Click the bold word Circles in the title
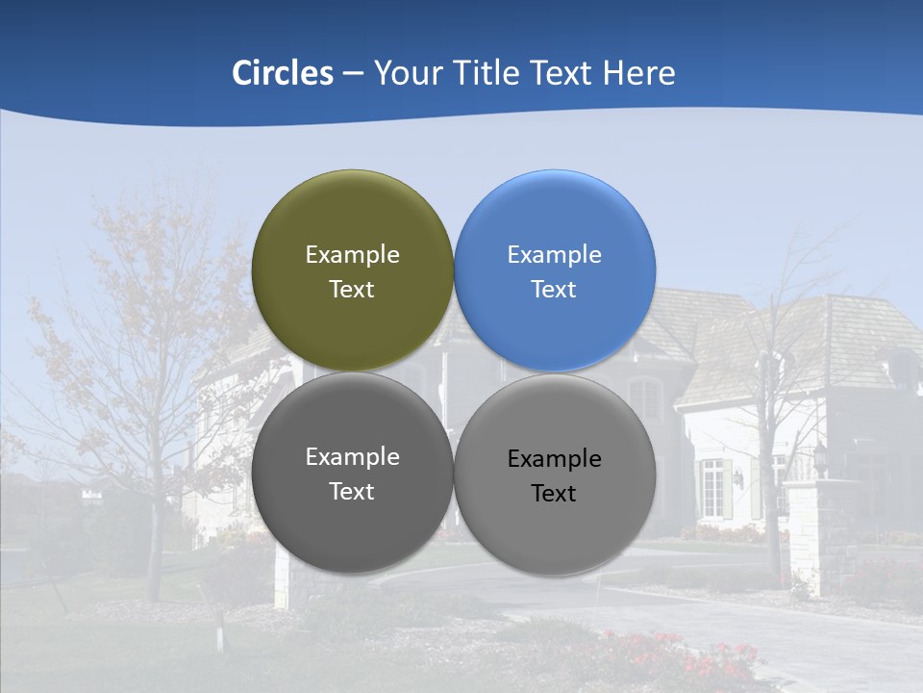coord(283,73)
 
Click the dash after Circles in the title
coord(353,74)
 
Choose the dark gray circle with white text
coord(352,529)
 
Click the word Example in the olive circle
coord(352,255)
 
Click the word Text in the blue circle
coord(554,290)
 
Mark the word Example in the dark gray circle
coord(352,457)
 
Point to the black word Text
coord(554,494)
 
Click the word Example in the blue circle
coord(554,255)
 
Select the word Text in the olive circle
coord(352,290)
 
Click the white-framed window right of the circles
coord(711,487)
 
